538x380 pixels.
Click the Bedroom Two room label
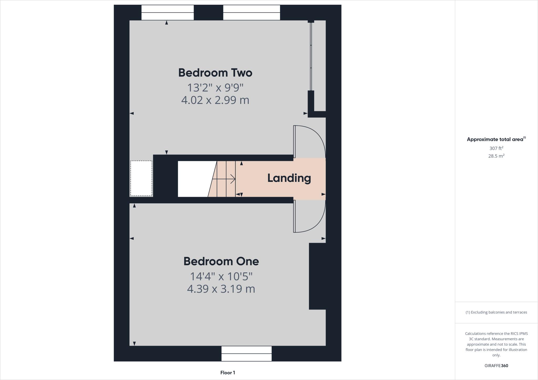point(215,73)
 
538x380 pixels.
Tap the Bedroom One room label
point(221,261)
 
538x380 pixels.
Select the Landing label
point(289,178)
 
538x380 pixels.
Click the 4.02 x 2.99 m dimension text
point(215,100)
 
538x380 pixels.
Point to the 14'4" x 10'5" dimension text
point(221,276)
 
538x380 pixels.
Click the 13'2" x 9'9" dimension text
point(215,87)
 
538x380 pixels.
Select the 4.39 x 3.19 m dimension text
point(221,289)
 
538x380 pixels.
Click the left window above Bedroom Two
point(168,12)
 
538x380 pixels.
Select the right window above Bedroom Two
point(251,12)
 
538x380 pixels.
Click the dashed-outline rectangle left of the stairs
point(141,178)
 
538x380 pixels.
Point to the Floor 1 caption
point(227,373)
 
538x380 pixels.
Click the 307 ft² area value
point(496,148)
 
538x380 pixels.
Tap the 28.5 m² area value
point(496,156)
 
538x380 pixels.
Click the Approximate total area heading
point(496,139)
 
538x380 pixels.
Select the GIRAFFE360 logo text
point(496,366)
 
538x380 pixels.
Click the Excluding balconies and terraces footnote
point(496,312)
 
